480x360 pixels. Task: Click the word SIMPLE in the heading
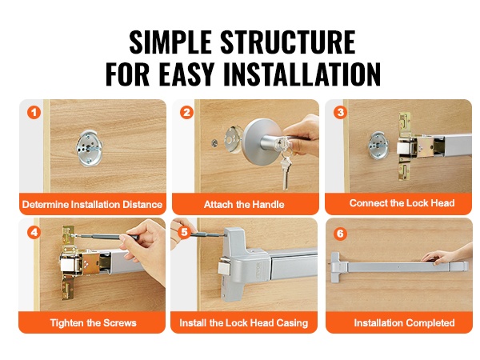170,42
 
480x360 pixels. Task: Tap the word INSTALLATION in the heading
302,74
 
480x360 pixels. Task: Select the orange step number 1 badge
34,112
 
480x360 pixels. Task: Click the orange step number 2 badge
186,112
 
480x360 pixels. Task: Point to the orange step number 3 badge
340,112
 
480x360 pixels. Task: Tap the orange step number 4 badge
34,232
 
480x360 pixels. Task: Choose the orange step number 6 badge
340,234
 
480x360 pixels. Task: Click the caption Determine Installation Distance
92,204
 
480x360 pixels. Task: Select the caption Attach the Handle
244,204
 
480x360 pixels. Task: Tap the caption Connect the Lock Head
402,203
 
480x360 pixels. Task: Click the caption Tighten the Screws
94,322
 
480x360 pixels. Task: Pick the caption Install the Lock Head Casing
244,322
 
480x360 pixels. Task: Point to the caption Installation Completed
404,322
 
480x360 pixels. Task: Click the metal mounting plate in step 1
89,148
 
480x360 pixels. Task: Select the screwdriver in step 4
108,236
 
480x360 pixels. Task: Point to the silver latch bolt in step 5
224,267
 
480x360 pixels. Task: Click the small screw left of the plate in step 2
214,142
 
